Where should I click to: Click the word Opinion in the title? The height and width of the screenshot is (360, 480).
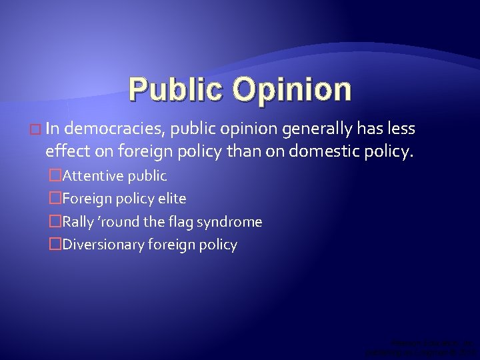tap(289, 89)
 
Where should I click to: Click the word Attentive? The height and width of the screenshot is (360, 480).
tap(91, 177)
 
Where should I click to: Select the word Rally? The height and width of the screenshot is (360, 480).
tap(78, 221)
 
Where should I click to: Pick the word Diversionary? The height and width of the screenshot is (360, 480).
tap(100, 245)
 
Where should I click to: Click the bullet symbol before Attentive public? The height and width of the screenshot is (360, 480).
tap(55, 177)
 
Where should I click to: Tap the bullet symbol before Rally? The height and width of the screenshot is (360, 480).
tap(55, 221)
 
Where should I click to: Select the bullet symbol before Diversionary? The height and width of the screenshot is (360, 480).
tap(55, 245)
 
